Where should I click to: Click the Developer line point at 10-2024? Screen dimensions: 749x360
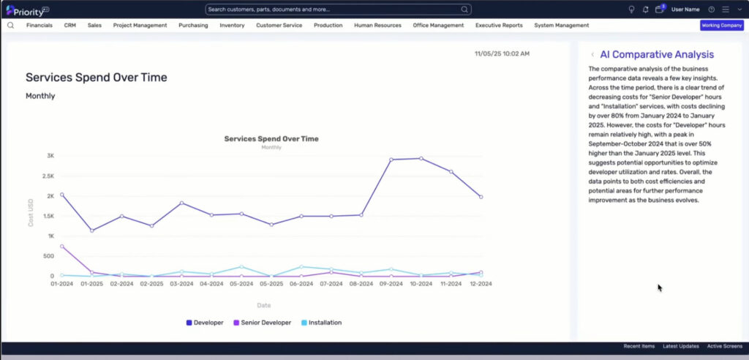(421, 158)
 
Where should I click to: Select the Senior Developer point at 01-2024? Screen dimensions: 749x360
(62, 246)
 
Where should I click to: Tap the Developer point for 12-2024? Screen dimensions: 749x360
(481, 197)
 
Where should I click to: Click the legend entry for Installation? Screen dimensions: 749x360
(322, 323)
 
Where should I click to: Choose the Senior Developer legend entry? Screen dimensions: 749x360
(263, 323)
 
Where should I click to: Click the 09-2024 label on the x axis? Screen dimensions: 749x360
(391, 283)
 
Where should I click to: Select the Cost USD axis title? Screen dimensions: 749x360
(31, 212)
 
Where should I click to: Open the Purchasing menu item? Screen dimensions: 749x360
(193, 26)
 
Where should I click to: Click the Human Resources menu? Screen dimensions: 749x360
(377, 26)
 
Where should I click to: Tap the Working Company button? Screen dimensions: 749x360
(722, 26)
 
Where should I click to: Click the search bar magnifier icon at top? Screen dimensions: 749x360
(464, 10)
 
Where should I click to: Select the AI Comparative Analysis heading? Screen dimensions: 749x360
(657, 54)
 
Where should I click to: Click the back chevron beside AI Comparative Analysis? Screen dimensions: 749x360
(592, 54)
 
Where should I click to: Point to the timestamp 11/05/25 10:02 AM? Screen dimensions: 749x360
(502, 53)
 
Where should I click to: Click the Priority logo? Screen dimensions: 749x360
(28, 10)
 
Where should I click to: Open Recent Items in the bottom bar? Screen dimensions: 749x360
(639, 346)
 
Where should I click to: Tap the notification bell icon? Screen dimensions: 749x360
(645, 10)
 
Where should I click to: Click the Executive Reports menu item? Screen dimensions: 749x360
(499, 26)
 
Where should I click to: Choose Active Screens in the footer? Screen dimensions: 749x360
(725, 346)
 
